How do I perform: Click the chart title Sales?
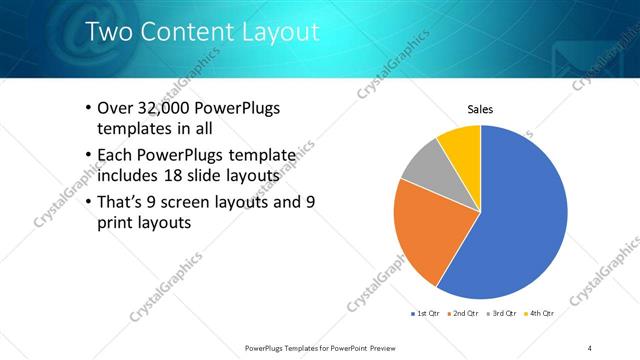[x=480, y=110]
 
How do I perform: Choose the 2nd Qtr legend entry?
[x=463, y=314]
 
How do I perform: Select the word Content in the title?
[x=190, y=32]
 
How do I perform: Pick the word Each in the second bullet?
[x=114, y=155]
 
